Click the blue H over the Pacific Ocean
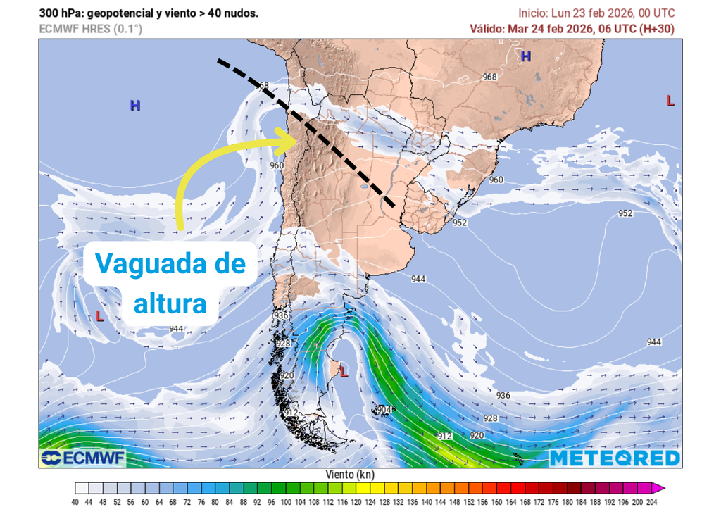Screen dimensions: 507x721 135,106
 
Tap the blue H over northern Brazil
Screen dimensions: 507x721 526,56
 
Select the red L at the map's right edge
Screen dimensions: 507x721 670,101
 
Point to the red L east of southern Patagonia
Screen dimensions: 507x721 344,369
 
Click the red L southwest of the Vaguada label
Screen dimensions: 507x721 99,316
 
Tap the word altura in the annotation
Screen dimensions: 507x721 170,303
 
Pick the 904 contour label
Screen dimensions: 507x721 384,410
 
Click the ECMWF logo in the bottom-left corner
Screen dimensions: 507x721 82,458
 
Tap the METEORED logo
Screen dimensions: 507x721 615,458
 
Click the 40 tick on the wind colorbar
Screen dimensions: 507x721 75,501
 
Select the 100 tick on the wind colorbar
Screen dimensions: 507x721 287,501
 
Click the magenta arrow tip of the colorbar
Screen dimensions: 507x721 660,488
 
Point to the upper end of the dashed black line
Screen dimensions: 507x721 219,61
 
